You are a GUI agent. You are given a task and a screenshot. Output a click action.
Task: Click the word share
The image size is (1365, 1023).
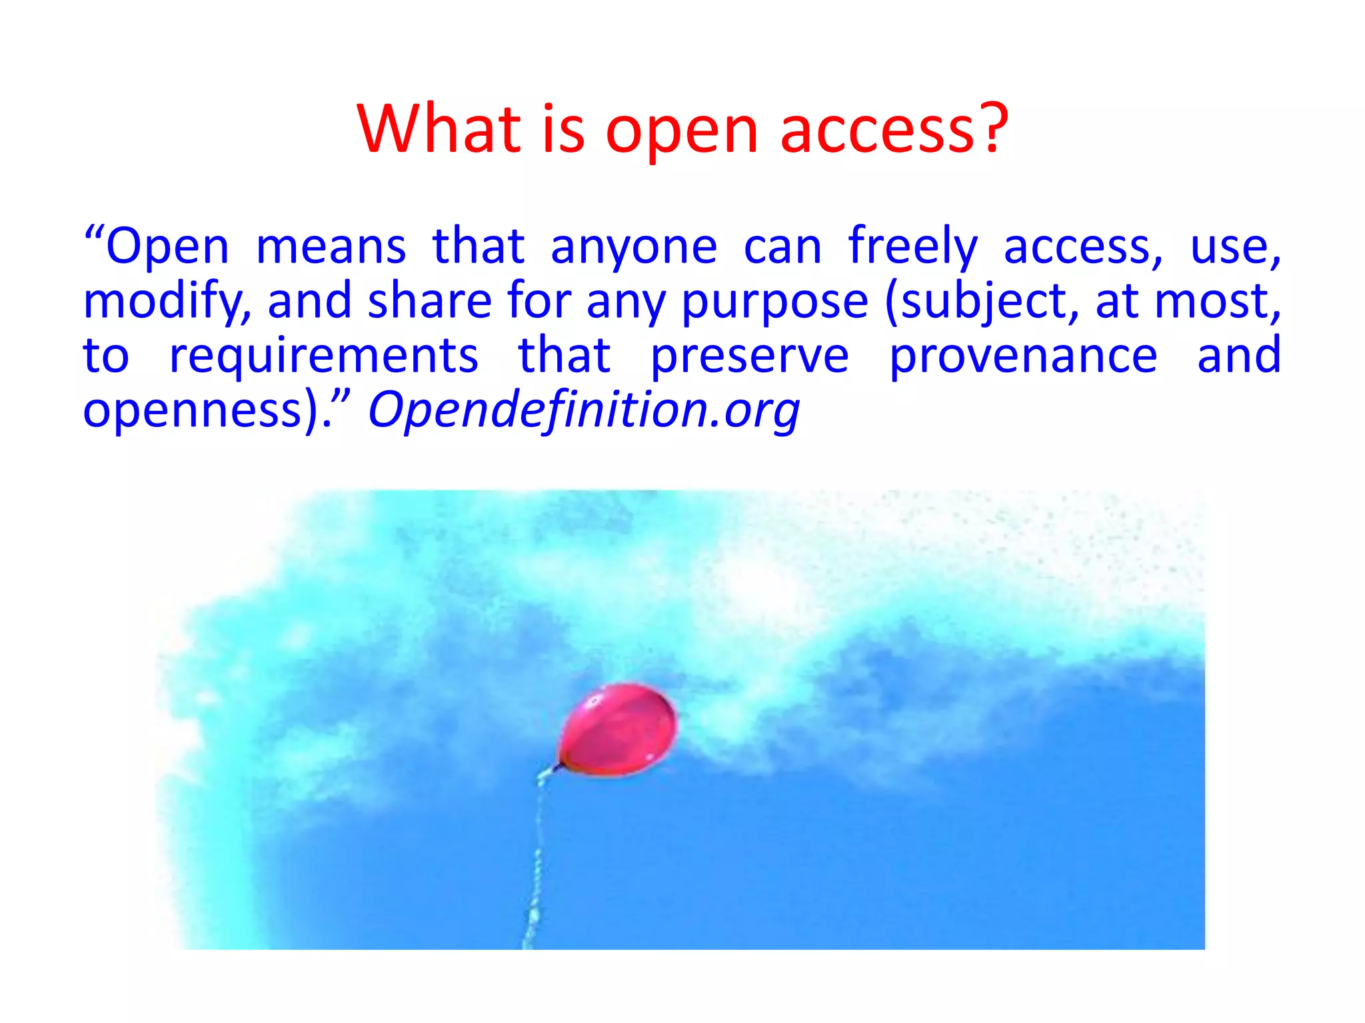429,302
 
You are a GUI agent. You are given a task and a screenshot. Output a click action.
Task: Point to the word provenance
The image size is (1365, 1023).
1023,356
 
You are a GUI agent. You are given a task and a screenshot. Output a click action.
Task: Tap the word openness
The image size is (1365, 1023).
193,412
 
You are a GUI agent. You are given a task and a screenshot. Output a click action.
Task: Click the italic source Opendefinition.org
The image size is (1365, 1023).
584,410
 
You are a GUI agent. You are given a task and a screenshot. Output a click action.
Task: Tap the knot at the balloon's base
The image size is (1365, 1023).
555,768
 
